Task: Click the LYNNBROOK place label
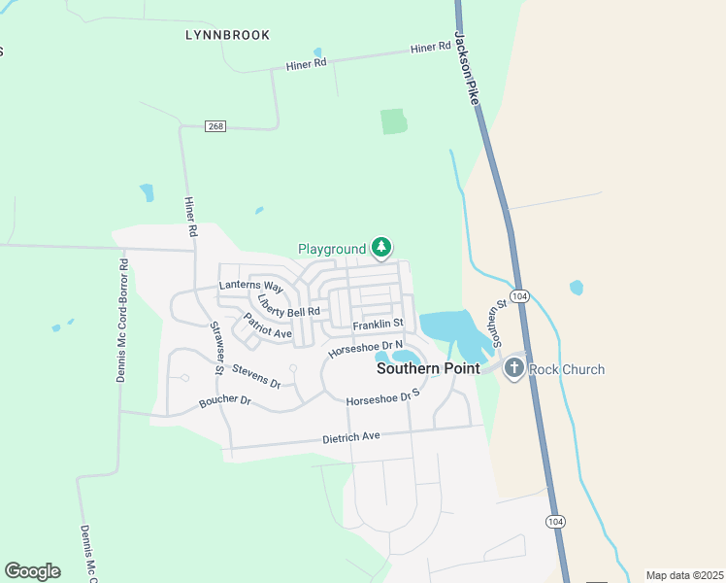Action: (x=227, y=35)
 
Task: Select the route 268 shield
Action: (x=215, y=126)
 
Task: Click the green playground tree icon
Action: (x=382, y=249)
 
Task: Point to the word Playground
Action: (x=332, y=250)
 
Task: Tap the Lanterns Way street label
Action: (x=250, y=287)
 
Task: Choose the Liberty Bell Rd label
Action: (x=288, y=305)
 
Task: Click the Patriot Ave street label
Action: (x=267, y=326)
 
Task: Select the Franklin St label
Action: (x=378, y=325)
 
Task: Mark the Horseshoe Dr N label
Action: (x=365, y=347)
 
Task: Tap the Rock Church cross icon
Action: (x=513, y=368)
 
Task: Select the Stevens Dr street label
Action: (x=256, y=376)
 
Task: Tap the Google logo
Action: (x=32, y=571)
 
